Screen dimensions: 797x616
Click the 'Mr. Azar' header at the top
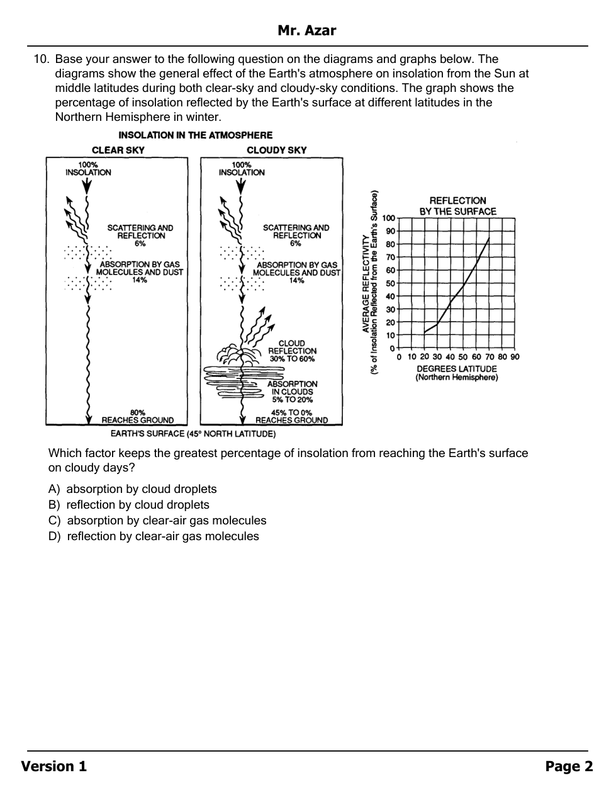click(x=307, y=31)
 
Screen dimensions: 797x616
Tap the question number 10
click(x=41, y=60)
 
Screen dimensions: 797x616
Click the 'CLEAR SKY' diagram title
click(x=118, y=150)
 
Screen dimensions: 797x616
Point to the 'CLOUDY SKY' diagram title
click(x=276, y=150)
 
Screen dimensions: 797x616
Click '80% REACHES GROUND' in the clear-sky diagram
click(x=138, y=416)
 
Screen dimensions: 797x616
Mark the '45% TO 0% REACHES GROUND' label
click(x=291, y=416)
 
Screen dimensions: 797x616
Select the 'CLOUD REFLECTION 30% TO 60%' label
click(x=292, y=351)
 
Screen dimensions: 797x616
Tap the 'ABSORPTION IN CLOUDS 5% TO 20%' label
click(x=292, y=392)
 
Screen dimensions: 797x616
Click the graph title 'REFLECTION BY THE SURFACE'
click(x=458, y=206)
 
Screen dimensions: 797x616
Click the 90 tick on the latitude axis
click(x=515, y=357)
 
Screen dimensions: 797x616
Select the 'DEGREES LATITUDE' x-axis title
click(x=457, y=369)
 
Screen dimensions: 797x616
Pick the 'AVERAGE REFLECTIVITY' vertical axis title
click(x=366, y=283)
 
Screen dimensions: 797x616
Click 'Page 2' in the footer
click(x=569, y=766)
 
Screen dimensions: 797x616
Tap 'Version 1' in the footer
click(x=54, y=766)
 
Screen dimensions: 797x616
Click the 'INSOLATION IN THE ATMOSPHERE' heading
click(x=196, y=135)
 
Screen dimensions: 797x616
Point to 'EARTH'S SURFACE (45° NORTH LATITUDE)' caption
click(x=193, y=434)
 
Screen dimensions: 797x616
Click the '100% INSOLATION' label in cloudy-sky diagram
click(x=242, y=169)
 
